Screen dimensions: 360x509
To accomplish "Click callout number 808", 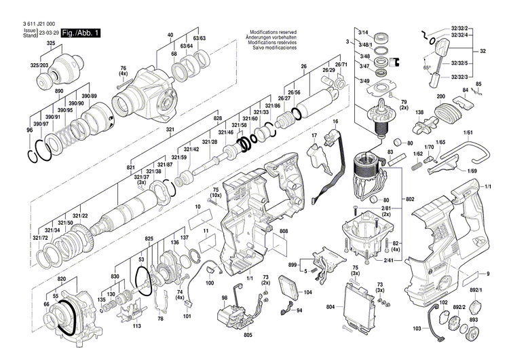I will coord(283,232).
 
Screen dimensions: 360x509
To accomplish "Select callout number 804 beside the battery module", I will coord(331,307).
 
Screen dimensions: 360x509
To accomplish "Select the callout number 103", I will coord(417,328).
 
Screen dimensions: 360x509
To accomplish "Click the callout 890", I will coord(59,90).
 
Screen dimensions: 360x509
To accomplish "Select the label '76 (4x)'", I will coord(124,71).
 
